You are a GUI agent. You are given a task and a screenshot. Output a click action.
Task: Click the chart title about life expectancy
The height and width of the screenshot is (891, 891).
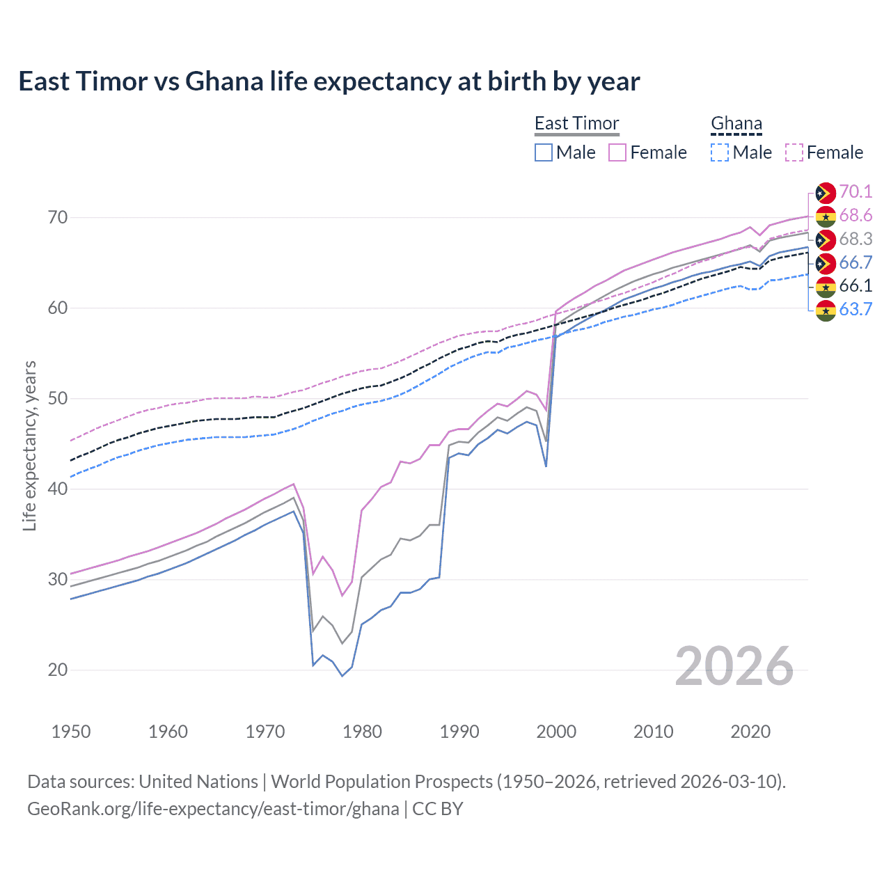coord(329,81)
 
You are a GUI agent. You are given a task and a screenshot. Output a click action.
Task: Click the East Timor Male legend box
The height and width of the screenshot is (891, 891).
coord(544,152)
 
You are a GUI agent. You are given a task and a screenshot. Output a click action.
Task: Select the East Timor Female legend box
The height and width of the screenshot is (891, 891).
coord(617,152)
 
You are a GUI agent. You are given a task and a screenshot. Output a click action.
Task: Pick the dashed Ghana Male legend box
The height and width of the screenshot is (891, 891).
coord(720,152)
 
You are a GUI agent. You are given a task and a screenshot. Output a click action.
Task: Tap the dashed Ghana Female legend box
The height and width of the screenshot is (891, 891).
coord(794,152)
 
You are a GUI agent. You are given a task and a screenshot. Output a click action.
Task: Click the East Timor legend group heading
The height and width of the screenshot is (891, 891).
coord(576,124)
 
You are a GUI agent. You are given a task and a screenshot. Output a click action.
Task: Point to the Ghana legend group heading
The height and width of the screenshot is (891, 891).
coord(736,124)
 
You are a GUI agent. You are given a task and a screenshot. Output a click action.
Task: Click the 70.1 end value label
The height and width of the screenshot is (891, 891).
coord(855,192)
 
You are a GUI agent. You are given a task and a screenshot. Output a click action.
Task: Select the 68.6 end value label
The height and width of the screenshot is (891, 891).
coord(855,216)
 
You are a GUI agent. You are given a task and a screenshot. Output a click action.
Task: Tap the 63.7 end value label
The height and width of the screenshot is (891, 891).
coord(855,309)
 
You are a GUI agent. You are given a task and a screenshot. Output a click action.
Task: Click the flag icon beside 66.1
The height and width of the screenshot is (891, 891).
coord(826,286)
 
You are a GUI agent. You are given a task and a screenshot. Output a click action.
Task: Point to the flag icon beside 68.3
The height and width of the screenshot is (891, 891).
coord(826,239)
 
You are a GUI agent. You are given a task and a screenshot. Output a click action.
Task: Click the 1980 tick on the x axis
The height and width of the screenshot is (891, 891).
coord(362,732)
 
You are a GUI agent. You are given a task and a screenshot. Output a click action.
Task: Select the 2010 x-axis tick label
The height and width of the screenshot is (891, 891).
coord(653,732)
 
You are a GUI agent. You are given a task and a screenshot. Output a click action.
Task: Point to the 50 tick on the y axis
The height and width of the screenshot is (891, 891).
coord(58,399)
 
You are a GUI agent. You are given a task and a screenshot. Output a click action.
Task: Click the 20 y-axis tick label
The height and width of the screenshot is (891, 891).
coord(58,670)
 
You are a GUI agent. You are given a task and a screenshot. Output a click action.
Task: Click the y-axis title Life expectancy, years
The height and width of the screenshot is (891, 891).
coord(29,445)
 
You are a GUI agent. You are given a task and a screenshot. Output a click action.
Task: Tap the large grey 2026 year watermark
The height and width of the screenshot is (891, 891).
coord(734,666)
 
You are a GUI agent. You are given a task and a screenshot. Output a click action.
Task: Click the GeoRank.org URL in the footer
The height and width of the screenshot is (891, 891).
coord(213,809)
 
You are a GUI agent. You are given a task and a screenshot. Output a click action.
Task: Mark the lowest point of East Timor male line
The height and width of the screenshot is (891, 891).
coord(342,676)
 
